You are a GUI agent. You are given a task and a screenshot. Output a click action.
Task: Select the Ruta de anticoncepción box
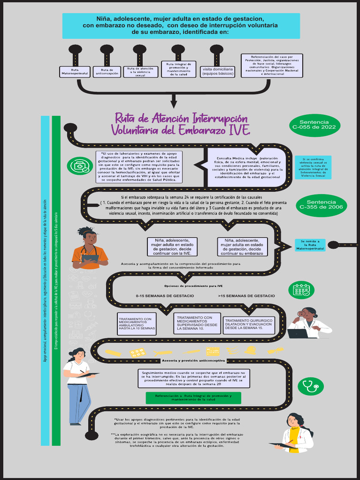(107, 71)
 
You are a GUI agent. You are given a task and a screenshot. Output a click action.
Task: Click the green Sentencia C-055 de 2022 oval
(314, 124)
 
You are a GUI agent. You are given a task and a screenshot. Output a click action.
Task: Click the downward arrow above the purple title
(174, 100)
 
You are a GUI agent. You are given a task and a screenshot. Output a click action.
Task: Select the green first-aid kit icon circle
(80, 165)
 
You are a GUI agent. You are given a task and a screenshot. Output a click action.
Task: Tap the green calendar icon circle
(301, 290)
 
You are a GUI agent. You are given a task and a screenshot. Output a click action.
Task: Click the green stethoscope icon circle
(311, 386)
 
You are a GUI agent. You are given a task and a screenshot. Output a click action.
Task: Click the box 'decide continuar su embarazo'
(242, 247)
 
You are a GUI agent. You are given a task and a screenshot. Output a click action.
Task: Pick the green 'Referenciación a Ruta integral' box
(193, 398)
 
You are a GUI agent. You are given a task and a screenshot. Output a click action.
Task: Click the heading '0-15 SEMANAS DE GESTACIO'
(165, 296)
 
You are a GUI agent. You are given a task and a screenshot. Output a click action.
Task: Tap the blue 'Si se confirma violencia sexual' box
(313, 167)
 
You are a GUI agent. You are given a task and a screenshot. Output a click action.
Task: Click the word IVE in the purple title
(238, 129)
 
